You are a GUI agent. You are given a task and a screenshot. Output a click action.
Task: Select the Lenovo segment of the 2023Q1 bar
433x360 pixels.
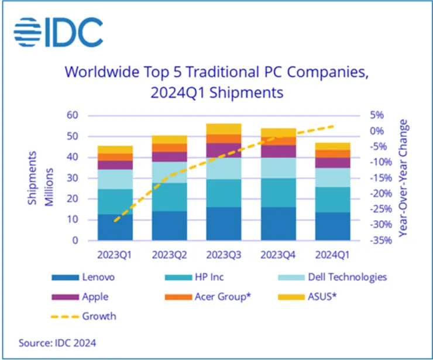pos(115,227)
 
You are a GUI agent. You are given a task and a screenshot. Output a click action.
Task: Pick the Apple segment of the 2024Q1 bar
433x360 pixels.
pos(333,163)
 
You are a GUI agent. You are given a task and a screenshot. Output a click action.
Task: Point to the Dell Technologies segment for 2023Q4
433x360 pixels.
pos(279,168)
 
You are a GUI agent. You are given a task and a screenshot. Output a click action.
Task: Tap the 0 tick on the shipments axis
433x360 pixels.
pos(75,241)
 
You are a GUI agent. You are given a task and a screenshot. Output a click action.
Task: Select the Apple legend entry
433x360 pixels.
pos(94,297)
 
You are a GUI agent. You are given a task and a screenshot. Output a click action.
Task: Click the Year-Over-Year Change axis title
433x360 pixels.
pos(403,178)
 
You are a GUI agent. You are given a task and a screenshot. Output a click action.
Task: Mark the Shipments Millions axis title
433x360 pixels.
pos(39,178)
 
